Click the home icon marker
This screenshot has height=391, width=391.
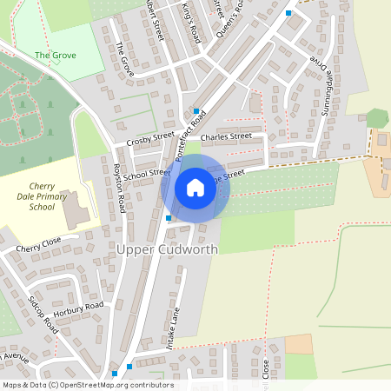click(x=195, y=188)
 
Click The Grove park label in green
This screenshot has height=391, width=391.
click(x=56, y=55)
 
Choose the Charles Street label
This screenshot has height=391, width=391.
click(x=225, y=137)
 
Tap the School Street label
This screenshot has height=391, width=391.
click(x=146, y=174)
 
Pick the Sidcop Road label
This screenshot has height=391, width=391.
click(x=43, y=315)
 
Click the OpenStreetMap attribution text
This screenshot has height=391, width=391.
click(x=87, y=385)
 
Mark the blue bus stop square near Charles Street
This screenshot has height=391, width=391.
click(x=197, y=111)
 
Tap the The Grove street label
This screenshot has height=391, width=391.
click(x=126, y=58)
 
